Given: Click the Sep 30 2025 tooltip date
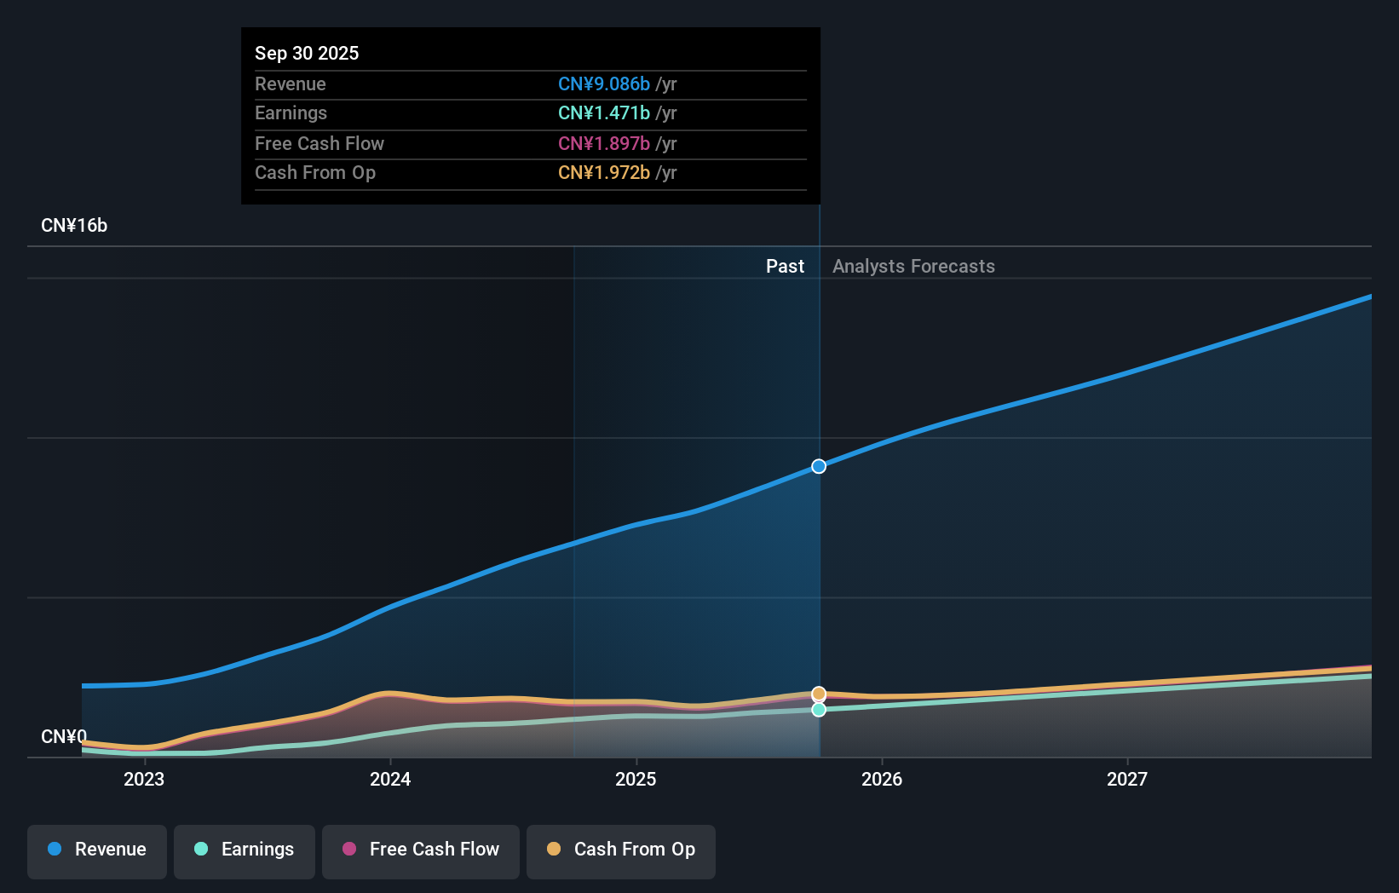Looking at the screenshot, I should [x=307, y=53].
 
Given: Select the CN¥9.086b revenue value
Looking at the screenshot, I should [x=603, y=84].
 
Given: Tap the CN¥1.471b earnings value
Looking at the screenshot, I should [x=603, y=113].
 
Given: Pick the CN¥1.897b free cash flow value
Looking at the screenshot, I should [x=603, y=143].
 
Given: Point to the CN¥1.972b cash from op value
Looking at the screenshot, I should [x=603, y=173].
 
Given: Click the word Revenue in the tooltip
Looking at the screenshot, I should [x=291, y=84].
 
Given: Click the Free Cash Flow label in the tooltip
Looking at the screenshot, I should [x=320, y=143].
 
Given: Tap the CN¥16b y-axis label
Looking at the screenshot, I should [x=74, y=226].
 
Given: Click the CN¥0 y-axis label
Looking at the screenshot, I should [x=64, y=736].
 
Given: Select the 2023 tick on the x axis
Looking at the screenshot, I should [x=144, y=779].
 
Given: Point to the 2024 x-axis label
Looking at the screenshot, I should [x=390, y=779].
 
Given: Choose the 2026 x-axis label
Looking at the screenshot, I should [x=882, y=779].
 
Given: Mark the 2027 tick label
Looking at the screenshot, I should [x=1127, y=779].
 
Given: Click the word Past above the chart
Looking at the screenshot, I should [x=785, y=267].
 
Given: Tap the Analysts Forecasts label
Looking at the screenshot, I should [x=913, y=267].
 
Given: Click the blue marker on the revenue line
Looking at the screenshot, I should [x=819, y=466].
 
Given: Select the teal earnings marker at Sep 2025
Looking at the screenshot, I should [x=819, y=710].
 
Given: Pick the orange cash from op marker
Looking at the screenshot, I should [x=819, y=694].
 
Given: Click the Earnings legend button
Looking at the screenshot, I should [x=245, y=850].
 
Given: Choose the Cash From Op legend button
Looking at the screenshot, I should [x=621, y=850].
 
